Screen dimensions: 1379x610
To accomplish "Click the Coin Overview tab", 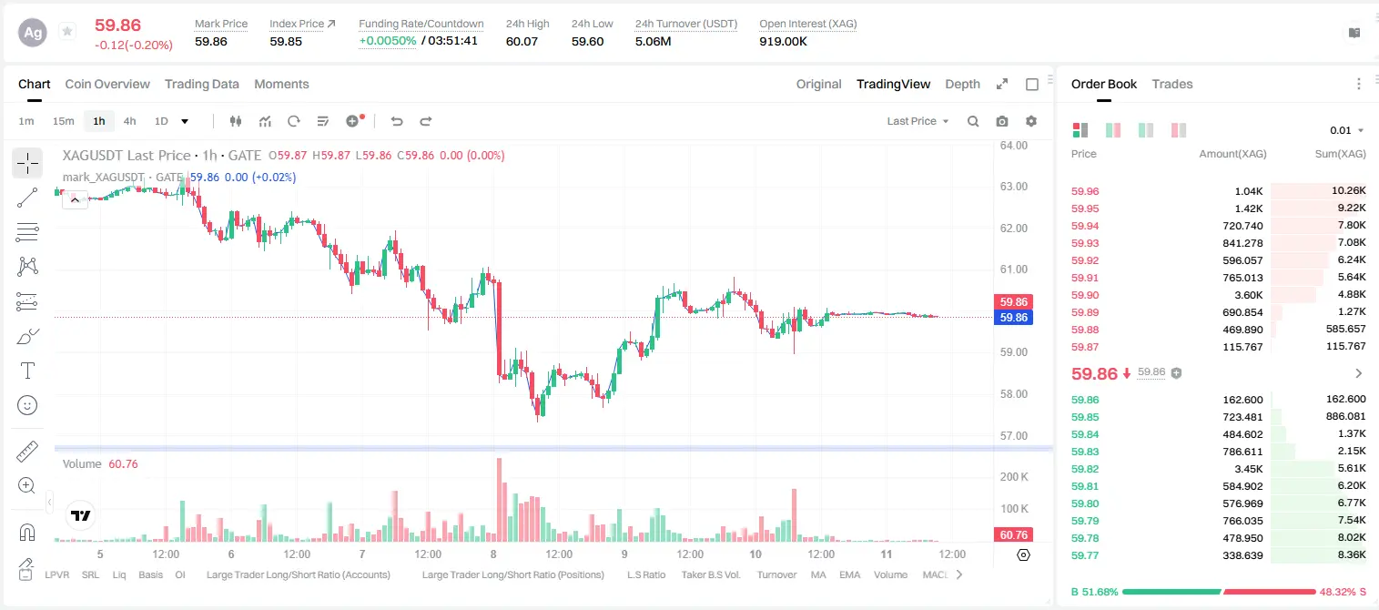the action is (x=107, y=84).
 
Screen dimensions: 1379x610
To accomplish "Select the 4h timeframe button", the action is (x=129, y=121).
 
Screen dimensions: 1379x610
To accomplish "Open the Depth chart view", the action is (x=962, y=84).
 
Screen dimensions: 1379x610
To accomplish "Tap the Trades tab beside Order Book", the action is (x=1172, y=84).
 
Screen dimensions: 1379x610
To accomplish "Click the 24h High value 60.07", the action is (x=522, y=41).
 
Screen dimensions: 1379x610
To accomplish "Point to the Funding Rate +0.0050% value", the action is (x=388, y=41).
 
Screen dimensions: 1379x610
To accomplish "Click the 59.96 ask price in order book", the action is (x=1085, y=191).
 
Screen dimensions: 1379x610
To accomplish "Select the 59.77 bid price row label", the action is (x=1085, y=555).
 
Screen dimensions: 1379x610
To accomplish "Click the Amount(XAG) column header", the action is (x=1232, y=154).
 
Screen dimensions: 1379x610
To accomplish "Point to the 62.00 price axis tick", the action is (x=1013, y=228).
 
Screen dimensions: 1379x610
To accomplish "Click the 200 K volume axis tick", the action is (x=1014, y=477).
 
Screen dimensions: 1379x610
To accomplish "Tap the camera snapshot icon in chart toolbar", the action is (x=1002, y=121).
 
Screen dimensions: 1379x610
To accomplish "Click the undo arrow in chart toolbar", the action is (x=397, y=121).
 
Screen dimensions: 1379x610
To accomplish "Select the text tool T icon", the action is (x=27, y=371).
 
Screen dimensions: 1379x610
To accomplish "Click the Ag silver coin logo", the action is (x=33, y=33).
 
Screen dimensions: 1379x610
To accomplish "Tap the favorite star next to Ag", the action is (x=67, y=31).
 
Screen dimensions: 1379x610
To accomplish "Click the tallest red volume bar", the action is (x=499, y=500).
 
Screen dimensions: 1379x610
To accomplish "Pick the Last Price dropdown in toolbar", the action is (x=918, y=121).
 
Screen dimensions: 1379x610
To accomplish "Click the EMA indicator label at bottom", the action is (x=849, y=574).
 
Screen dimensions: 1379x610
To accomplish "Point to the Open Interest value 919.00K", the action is (x=783, y=41).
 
